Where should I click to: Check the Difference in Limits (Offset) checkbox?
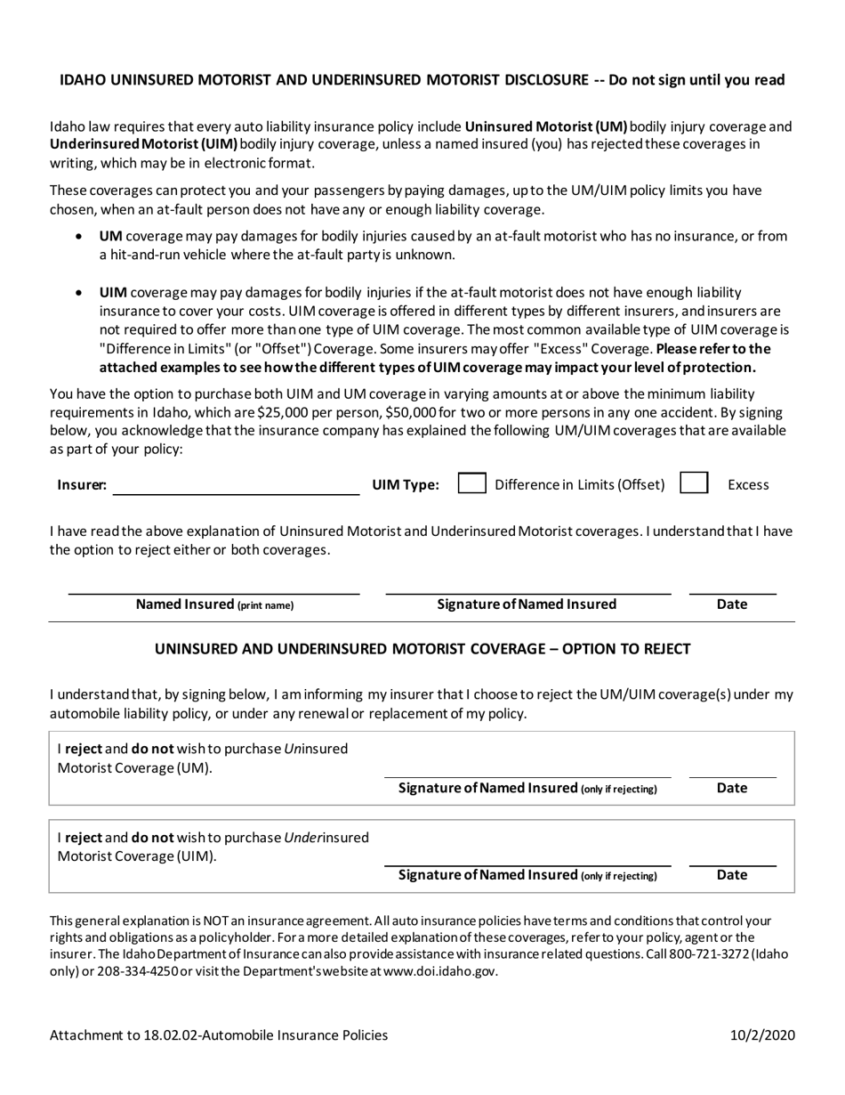click(471, 483)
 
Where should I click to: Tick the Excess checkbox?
click(694, 483)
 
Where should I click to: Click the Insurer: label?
click(82, 485)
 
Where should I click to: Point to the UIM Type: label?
click(405, 485)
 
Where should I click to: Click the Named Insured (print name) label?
click(214, 604)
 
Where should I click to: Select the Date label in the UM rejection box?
click(732, 788)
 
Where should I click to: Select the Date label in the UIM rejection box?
click(732, 875)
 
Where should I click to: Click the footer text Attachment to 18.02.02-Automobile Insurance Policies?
click(219, 1034)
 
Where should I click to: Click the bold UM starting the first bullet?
click(110, 237)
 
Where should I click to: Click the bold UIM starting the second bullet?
click(113, 292)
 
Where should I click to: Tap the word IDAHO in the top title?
click(83, 80)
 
